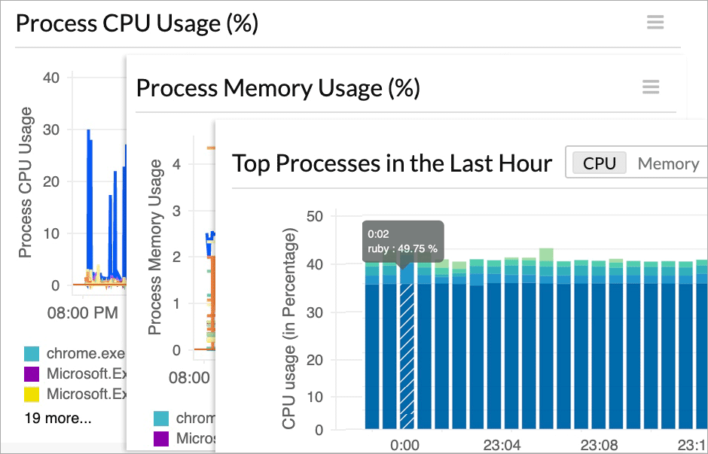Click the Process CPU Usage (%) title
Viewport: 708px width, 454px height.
137,23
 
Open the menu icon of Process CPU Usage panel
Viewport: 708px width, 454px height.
655,22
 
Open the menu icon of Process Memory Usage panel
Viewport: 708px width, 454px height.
651,87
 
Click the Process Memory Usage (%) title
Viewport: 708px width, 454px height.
277,88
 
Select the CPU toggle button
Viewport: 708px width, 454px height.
600,163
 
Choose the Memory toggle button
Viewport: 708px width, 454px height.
668,163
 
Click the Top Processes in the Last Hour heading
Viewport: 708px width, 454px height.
392,163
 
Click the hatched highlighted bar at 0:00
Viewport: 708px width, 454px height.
407,354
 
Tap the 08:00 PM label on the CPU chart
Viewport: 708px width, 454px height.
82,312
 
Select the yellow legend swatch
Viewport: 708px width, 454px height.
32,393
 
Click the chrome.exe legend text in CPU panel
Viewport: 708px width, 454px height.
84,353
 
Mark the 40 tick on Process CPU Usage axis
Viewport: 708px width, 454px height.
51,78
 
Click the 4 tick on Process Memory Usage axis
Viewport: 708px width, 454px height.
177,163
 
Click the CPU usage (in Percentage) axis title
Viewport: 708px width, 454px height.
289,331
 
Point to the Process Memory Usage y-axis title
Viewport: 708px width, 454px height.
155,247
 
